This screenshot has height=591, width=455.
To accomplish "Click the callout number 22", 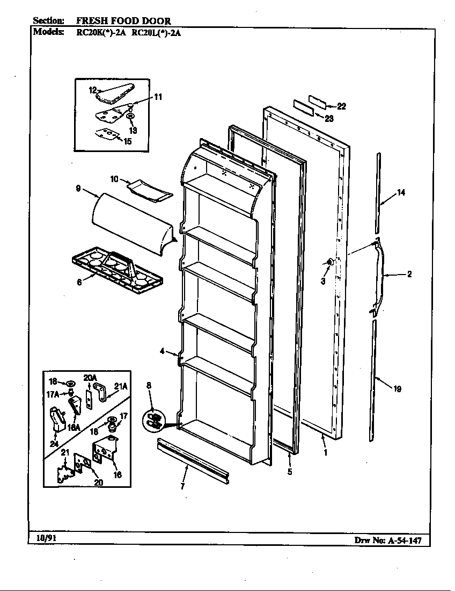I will coord(341,106).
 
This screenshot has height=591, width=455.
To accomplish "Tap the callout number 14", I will coord(400,193).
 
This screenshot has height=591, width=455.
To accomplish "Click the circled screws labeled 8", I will coord(154,420).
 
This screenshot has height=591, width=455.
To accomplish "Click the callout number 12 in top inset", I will coord(92,90).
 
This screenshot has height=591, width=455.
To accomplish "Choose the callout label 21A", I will coord(121,385).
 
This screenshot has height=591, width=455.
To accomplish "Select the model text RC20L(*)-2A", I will coord(160,32).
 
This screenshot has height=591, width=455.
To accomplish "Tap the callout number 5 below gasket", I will coord(289,472).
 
